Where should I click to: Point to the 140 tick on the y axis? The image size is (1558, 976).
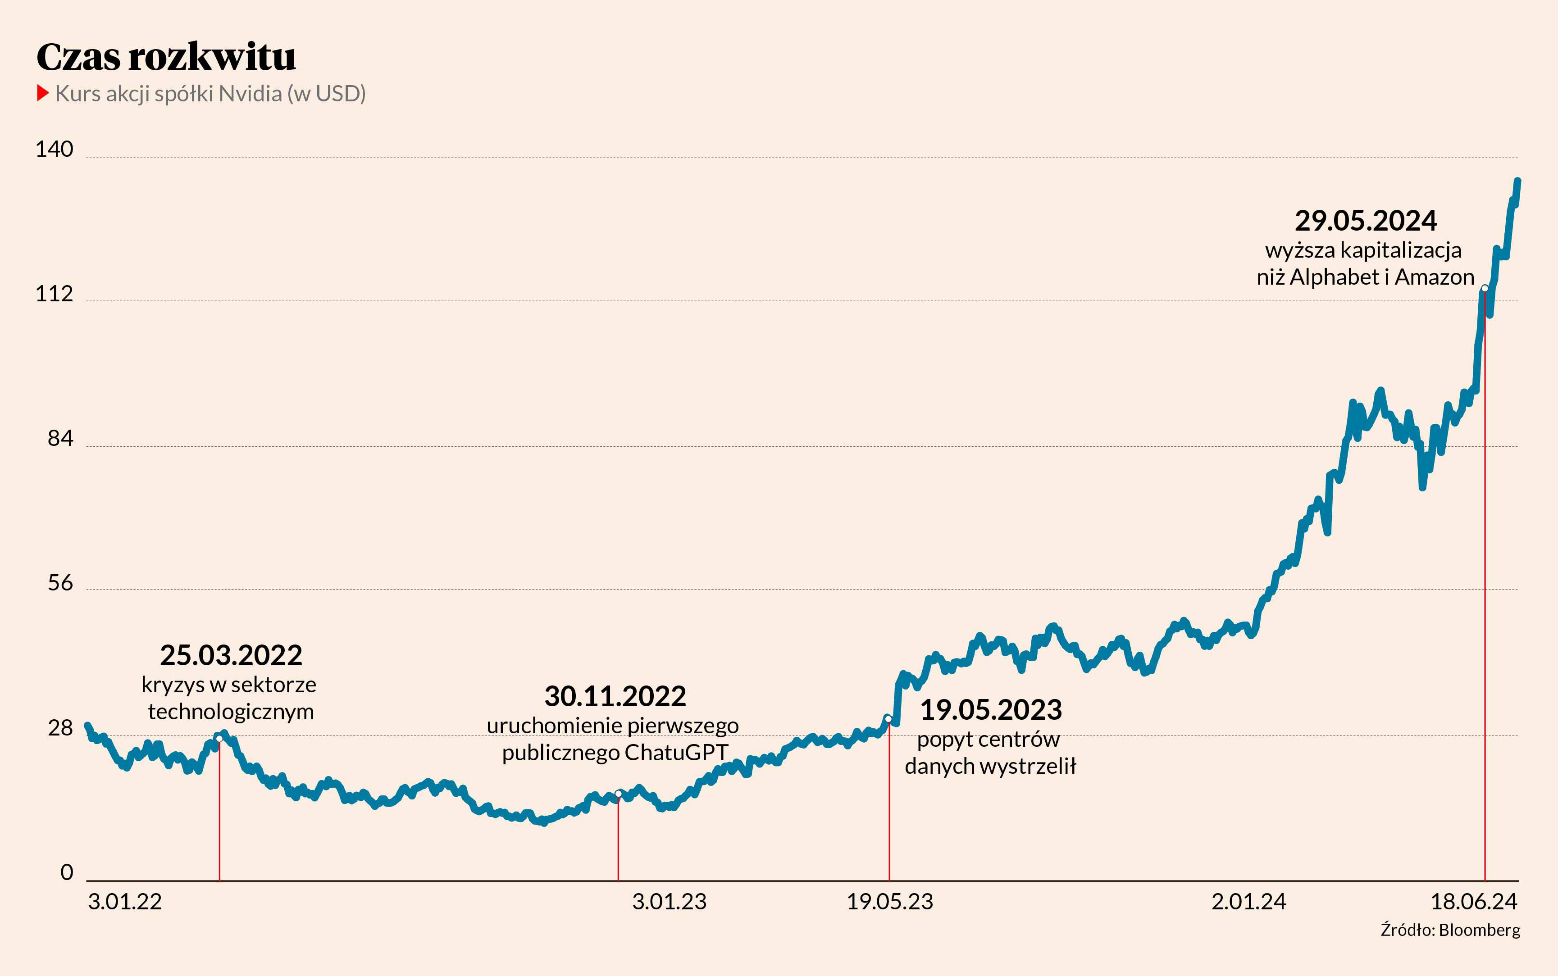pos(54,149)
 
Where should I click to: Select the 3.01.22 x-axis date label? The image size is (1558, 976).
pos(125,901)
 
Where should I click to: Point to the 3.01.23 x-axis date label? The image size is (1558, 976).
pos(669,901)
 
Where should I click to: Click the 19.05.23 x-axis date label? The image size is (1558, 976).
pos(890,901)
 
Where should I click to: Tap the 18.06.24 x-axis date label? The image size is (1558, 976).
pos(1473,901)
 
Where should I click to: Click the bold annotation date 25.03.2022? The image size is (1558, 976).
pos(231,655)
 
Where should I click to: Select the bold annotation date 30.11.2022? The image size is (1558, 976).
pos(615,696)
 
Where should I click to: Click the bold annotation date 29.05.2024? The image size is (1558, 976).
pos(1366,221)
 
